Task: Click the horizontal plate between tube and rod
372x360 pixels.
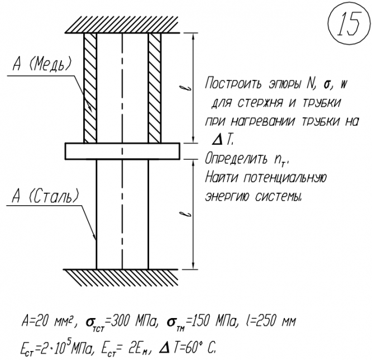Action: click(x=122, y=151)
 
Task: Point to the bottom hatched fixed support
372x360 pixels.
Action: click(x=122, y=277)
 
